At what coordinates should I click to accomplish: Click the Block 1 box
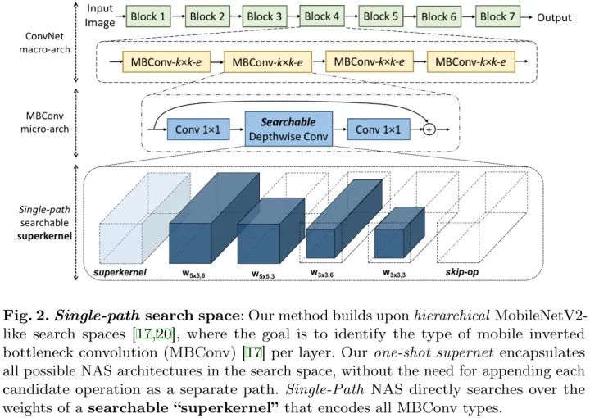[150, 16]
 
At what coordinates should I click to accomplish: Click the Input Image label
[100, 16]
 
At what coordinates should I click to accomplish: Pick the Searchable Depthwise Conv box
[288, 129]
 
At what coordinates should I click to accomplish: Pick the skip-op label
[462, 271]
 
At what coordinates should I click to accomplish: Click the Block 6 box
[439, 16]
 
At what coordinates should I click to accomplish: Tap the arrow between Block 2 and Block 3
[234, 16]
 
